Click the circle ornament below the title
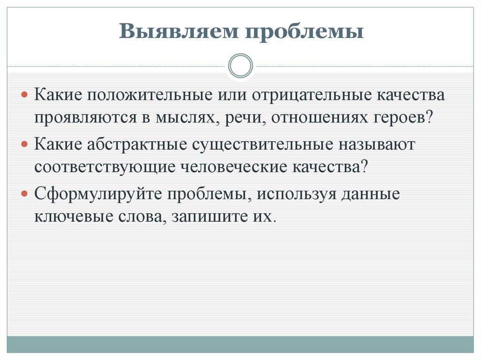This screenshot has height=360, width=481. pos(240,66)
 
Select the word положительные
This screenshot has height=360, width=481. pos(148,95)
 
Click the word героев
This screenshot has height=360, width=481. pos(404,116)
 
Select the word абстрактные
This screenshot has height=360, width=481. pos(136,144)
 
